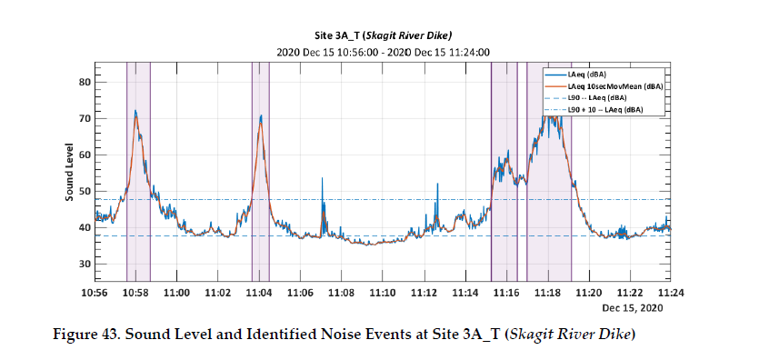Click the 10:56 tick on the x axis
pyautogui.click(x=95, y=293)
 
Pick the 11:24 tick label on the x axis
pyautogui.click(x=671, y=293)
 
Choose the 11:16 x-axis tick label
pyautogui.click(x=506, y=293)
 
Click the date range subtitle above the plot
pyautogui.click(x=382, y=52)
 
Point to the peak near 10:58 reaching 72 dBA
pyautogui.click(x=135, y=112)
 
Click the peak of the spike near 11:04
pyautogui.click(x=261, y=116)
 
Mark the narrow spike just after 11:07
pyautogui.click(x=322, y=180)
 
